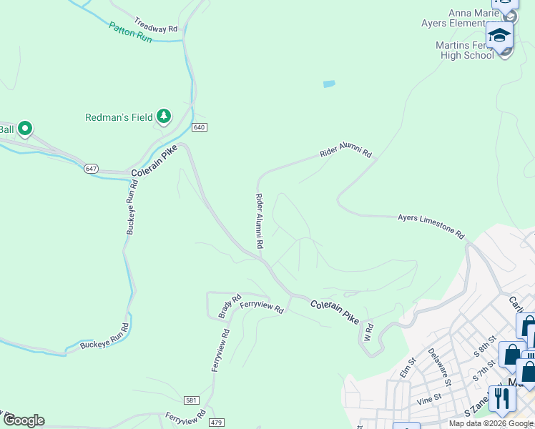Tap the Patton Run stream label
pos(130,32)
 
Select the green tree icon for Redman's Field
pos(164,116)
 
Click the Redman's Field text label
pos(119,117)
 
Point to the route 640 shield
pos(200,127)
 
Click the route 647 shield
pos(91,169)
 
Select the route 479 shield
pos(217,423)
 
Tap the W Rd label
pos(369,332)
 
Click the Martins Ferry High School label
pos(465,50)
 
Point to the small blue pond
pos(329,84)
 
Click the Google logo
pos(24,420)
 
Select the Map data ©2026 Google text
pos(491,423)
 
